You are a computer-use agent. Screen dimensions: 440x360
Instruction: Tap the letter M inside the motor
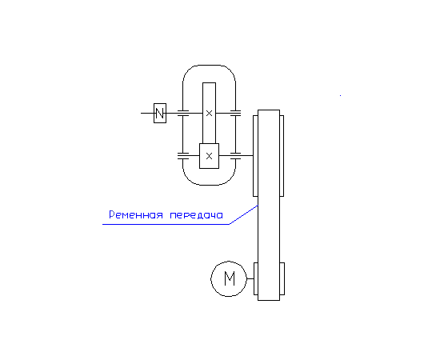[x=230, y=278]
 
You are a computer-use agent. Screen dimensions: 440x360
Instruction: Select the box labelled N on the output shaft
[x=160, y=113]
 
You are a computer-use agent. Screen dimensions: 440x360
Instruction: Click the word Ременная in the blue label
[x=136, y=214]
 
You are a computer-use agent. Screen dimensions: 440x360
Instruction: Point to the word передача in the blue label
[x=197, y=215]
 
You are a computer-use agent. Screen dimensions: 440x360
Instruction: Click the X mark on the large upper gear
[x=209, y=114]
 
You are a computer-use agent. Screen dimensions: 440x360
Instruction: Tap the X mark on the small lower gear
[x=209, y=156]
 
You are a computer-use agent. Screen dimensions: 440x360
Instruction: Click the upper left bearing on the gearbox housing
[x=183, y=113]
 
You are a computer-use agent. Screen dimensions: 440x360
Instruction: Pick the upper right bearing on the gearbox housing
[x=235, y=113]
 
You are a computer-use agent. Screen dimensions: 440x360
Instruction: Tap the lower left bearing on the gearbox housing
[x=183, y=156]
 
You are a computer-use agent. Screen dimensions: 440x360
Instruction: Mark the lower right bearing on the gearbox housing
[x=235, y=156]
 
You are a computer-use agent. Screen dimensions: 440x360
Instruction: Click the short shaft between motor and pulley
[x=250, y=278]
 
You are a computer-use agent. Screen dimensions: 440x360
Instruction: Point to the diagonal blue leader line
[x=243, y=215]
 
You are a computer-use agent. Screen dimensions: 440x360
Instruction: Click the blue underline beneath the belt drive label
[x=166, y=224]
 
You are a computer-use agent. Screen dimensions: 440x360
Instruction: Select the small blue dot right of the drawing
[x=340, y=95]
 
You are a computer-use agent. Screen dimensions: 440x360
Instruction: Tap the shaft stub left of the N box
[x=147, y=113]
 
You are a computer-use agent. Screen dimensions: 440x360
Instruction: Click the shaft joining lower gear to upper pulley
[x=236, y=155]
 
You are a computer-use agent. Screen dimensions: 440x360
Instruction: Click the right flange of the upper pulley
[x=282, y=156]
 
